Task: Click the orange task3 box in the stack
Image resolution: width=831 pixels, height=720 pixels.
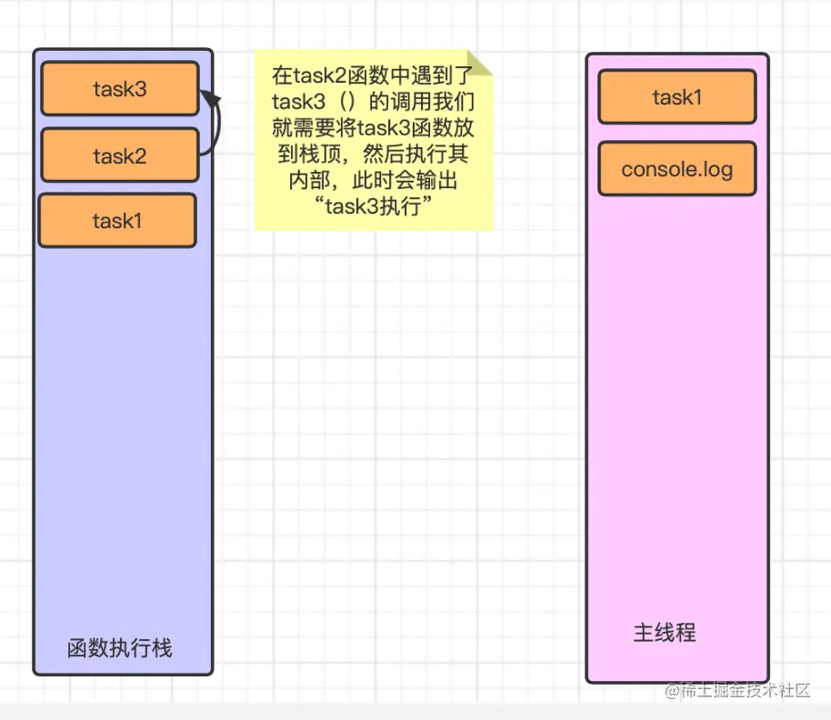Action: (x=119, y=89)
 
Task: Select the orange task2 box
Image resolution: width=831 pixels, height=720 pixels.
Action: (x=119, y=155)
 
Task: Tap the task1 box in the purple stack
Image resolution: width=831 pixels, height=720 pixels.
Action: (x=116, y=220)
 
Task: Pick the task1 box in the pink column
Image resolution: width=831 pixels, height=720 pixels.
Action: (x=676, y=96)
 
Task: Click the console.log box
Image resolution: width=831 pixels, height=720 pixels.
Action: (x=676, y=169)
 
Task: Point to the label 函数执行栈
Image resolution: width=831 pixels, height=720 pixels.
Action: (x=119, y=648)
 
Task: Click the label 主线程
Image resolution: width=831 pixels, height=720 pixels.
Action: (x=664, y=633)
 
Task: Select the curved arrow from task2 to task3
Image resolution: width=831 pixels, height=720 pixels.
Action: (x=215, y=127)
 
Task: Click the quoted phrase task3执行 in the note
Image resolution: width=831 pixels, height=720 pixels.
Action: (x=373, y=205)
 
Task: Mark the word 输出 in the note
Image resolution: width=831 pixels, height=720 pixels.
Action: (x=437, y=178)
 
